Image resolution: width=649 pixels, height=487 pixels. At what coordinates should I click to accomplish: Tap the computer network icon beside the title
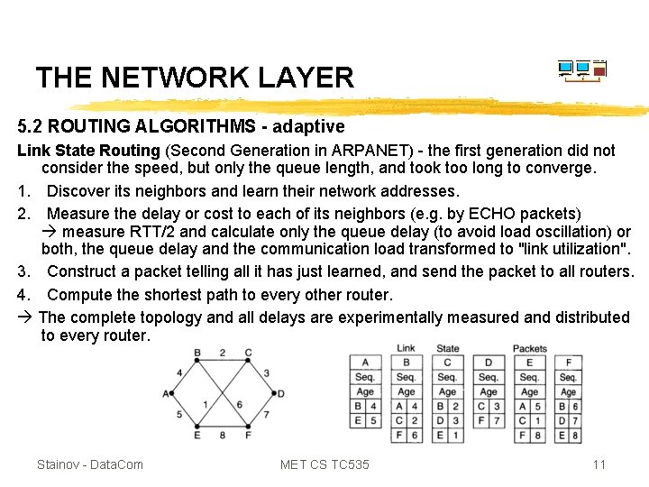[581, 70]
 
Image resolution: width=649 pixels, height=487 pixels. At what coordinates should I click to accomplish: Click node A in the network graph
[166, 393]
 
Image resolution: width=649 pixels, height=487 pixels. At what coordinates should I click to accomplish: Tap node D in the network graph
[281, 393]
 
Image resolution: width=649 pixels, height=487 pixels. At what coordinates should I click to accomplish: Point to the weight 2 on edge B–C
[223, 353]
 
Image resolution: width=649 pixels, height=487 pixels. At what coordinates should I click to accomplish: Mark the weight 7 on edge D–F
[266, 415]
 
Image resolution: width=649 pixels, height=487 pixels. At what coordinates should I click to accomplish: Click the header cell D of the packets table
[488, 363]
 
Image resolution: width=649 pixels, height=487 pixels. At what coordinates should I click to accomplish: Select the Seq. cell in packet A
[365, 377]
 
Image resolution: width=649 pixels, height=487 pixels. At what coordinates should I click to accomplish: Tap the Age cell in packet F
[568, 392]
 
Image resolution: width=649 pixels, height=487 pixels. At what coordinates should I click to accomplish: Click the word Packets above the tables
[530, 348]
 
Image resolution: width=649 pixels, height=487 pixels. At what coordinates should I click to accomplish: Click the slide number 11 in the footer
[599, 464]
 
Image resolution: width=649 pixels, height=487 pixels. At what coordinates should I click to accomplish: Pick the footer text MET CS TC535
[324, 464]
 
